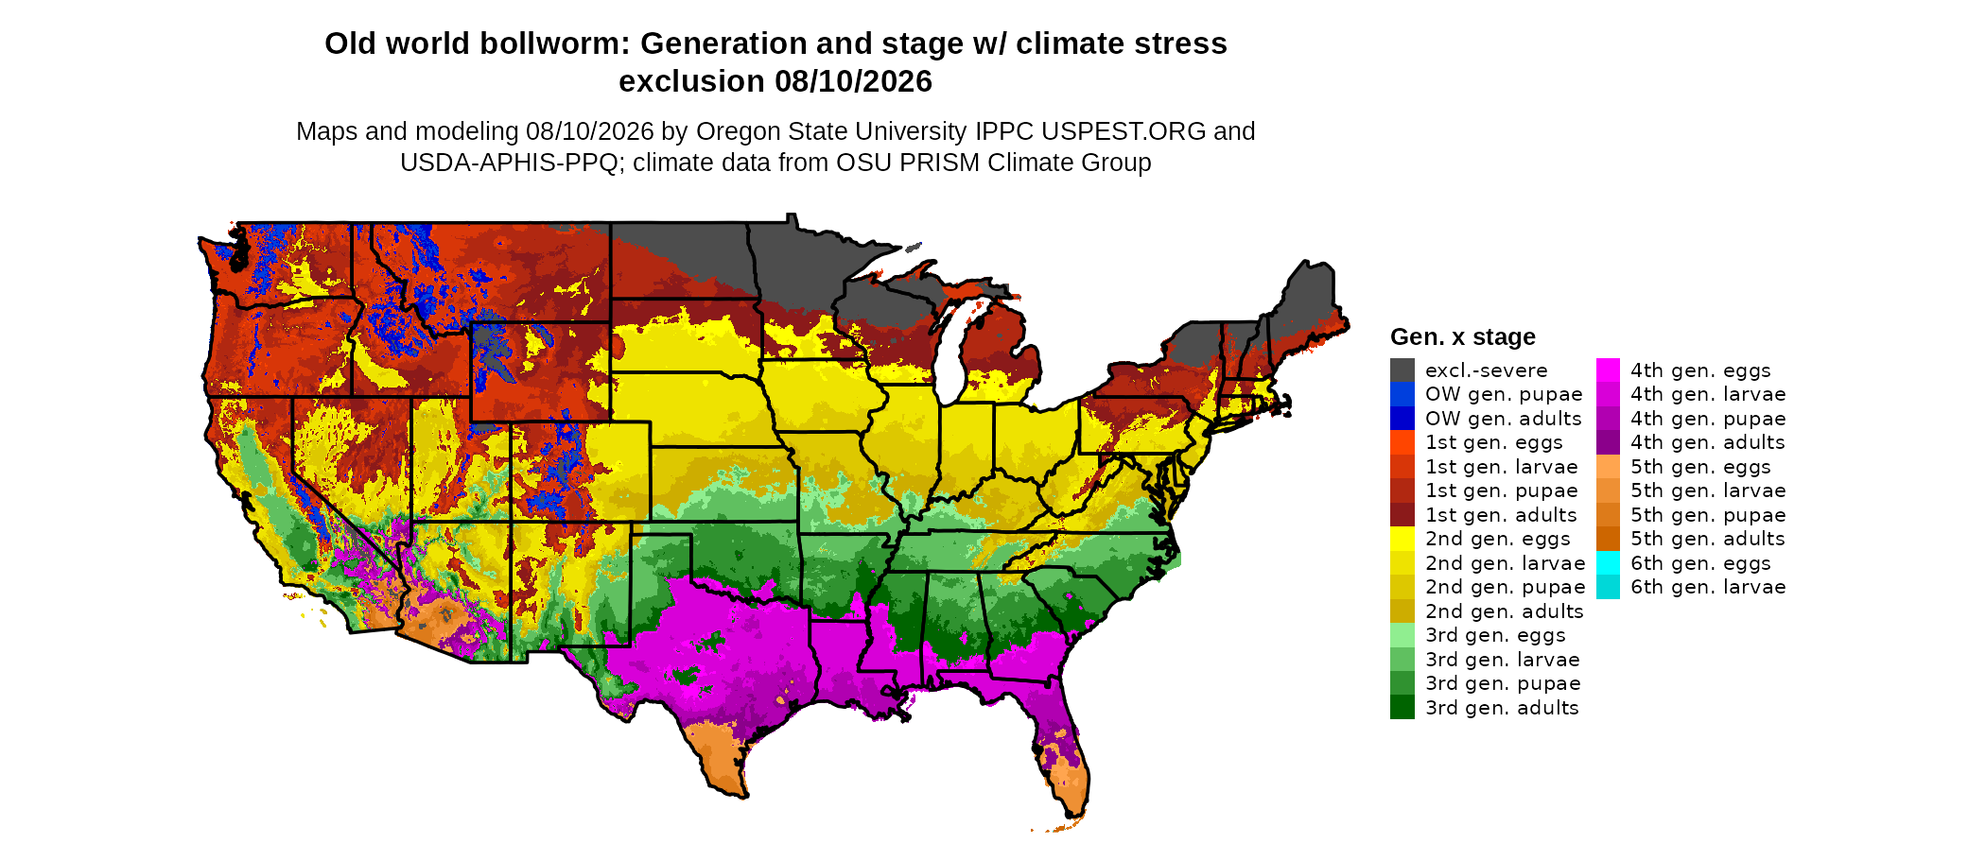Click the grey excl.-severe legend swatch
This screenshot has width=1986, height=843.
[x=1402, y=370]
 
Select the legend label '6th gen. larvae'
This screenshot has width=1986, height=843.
[x=1708, y=587]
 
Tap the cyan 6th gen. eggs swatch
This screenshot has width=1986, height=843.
[x=1608, y=563]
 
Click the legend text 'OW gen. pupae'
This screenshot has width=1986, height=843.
[x=1504, y=394]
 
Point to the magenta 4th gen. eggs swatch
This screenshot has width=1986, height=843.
[x=1608, y=370]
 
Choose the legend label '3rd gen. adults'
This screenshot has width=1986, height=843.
[x=1502, y=708]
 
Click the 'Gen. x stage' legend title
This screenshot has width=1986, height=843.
[x=1462, y=336]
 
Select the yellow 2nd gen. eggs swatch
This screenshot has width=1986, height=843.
[x=1402, y=539]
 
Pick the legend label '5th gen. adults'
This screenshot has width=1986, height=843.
[x=1708, y=539]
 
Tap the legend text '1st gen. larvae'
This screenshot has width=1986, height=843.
[x=1502, y=467]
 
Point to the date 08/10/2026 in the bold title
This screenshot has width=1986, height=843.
[x=854, y=81]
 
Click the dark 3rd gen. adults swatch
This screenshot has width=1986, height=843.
[x=1402, y=708]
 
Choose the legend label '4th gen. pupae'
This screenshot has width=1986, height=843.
[x=1708, y=419]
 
